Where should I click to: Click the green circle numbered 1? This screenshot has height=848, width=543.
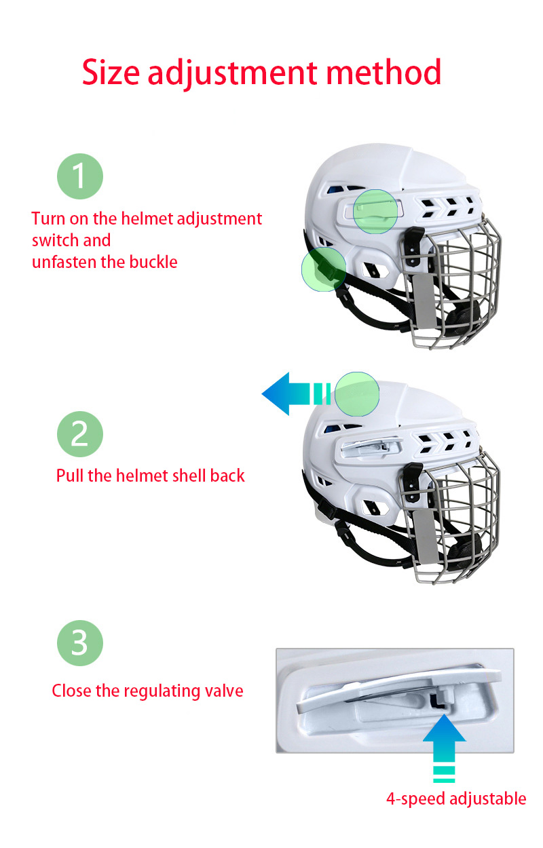coord(79,176)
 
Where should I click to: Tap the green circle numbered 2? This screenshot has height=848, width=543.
coord(79,433)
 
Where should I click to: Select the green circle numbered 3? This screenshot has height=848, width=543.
coord(79,642)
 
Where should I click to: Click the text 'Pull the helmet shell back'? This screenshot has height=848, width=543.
coord(150,476)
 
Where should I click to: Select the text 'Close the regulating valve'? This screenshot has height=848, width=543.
coord(147,691)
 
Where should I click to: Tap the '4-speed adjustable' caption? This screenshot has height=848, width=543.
coord(456,798)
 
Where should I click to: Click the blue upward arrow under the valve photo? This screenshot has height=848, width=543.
coord(444,746)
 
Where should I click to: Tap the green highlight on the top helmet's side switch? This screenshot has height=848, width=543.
coord(375,212)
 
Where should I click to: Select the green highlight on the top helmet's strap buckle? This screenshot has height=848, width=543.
coord(323,269)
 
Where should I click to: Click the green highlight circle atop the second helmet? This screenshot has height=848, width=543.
coord(357,393)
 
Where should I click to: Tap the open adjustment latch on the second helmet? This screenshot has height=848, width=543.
coord(370,446)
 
